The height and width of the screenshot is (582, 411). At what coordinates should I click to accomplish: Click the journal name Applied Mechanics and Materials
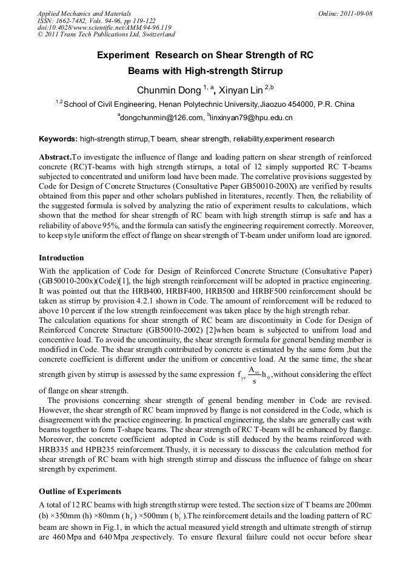84,13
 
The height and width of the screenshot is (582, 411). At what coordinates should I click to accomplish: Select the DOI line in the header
104,27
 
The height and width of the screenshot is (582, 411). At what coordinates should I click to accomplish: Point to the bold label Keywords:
58,139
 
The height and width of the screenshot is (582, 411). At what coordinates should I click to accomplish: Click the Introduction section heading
61,258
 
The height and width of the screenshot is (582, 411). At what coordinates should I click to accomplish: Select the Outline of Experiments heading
80,491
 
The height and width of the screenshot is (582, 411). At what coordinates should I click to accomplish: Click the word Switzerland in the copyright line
155,35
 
